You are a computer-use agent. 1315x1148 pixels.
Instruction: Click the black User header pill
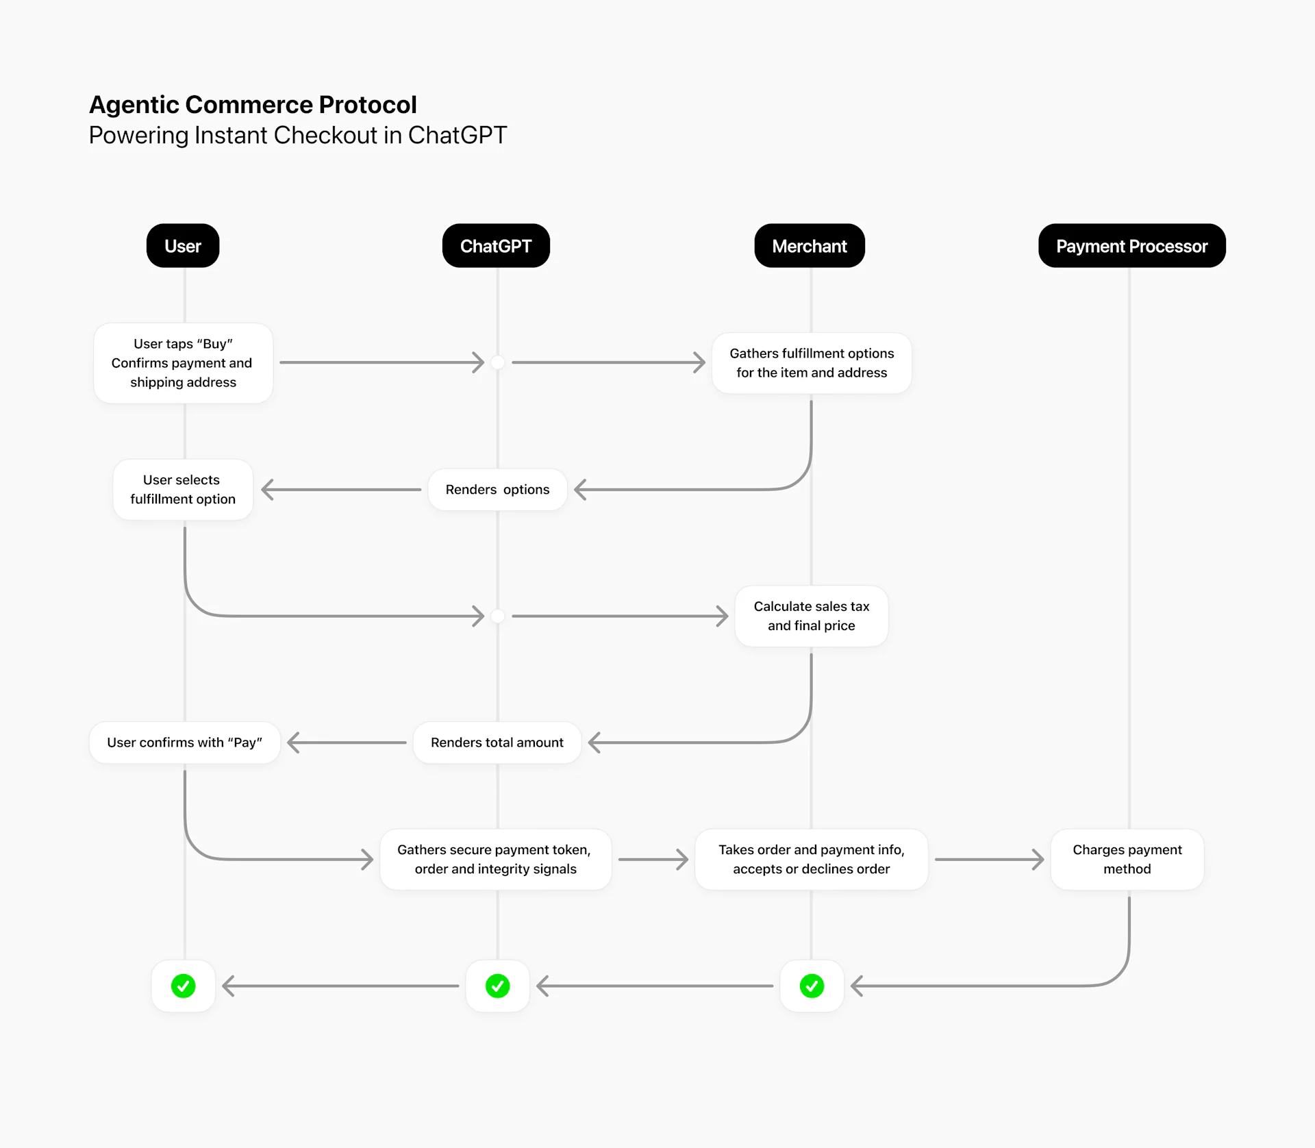click(183, 246)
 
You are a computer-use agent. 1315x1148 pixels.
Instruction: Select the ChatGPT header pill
click(496, 246)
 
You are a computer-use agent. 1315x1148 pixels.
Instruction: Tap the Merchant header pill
click(810, 246)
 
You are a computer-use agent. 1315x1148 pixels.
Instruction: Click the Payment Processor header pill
click(1131, 246)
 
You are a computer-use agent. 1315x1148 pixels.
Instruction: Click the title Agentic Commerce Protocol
click(253, 105)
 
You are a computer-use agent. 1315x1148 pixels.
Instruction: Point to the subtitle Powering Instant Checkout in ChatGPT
click(297, 136)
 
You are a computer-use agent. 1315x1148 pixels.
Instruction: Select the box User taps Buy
click(183, 363)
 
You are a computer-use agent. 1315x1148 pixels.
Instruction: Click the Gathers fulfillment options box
click(812, 363)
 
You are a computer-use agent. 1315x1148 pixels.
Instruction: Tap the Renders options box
click(497, 490)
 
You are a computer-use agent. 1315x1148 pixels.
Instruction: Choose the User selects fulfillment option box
click(183, 490)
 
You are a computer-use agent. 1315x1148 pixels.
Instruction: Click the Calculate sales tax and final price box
click(812, 616)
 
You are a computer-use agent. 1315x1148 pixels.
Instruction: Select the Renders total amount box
click(497, 743)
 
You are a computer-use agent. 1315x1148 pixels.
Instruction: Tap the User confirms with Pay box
click(184, 743)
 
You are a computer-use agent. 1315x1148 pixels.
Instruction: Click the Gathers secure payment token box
click(495, 860)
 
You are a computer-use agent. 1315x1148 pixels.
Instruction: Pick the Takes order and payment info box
click(812, 860)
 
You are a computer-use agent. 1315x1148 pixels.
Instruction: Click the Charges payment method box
click(1127, 860)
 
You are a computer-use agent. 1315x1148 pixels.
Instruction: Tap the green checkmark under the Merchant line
click(812, 986)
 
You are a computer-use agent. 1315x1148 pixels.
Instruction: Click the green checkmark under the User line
click(183, 986)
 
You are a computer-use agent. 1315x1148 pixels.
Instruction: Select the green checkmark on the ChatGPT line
click(497, 986)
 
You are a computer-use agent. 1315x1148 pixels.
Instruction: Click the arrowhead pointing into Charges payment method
click(1039, 860)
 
